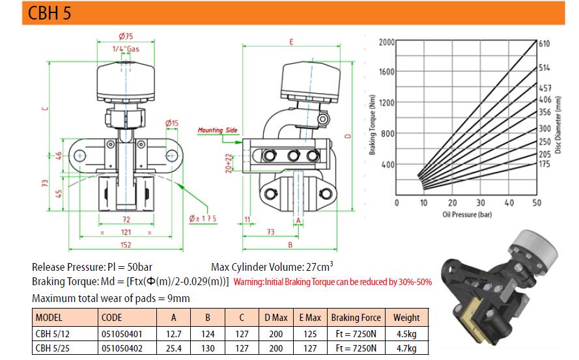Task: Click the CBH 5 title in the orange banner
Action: [x=49, y=13]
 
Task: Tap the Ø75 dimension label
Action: [x=126, y=36]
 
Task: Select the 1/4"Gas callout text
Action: [x=126, y=49]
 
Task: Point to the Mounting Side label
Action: [x=218, y=130]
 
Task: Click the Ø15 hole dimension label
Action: [x=172, y=123]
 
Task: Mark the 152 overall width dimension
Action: [x=126, y=245]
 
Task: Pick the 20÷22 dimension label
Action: [x=229, y=163]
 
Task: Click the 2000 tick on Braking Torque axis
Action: [x=387, y=42]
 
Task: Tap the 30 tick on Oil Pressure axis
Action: [x=481, y=202]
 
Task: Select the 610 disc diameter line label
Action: [x=544, y=44]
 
